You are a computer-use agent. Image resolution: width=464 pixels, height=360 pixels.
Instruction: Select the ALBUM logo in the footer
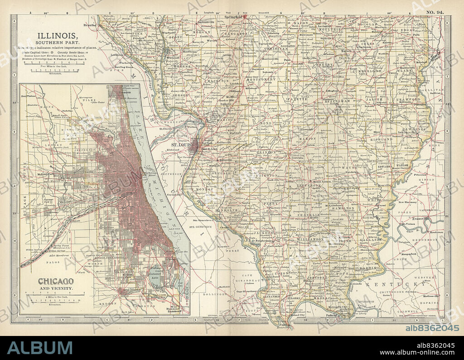39,348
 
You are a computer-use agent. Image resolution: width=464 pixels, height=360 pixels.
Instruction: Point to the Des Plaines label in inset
29,96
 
